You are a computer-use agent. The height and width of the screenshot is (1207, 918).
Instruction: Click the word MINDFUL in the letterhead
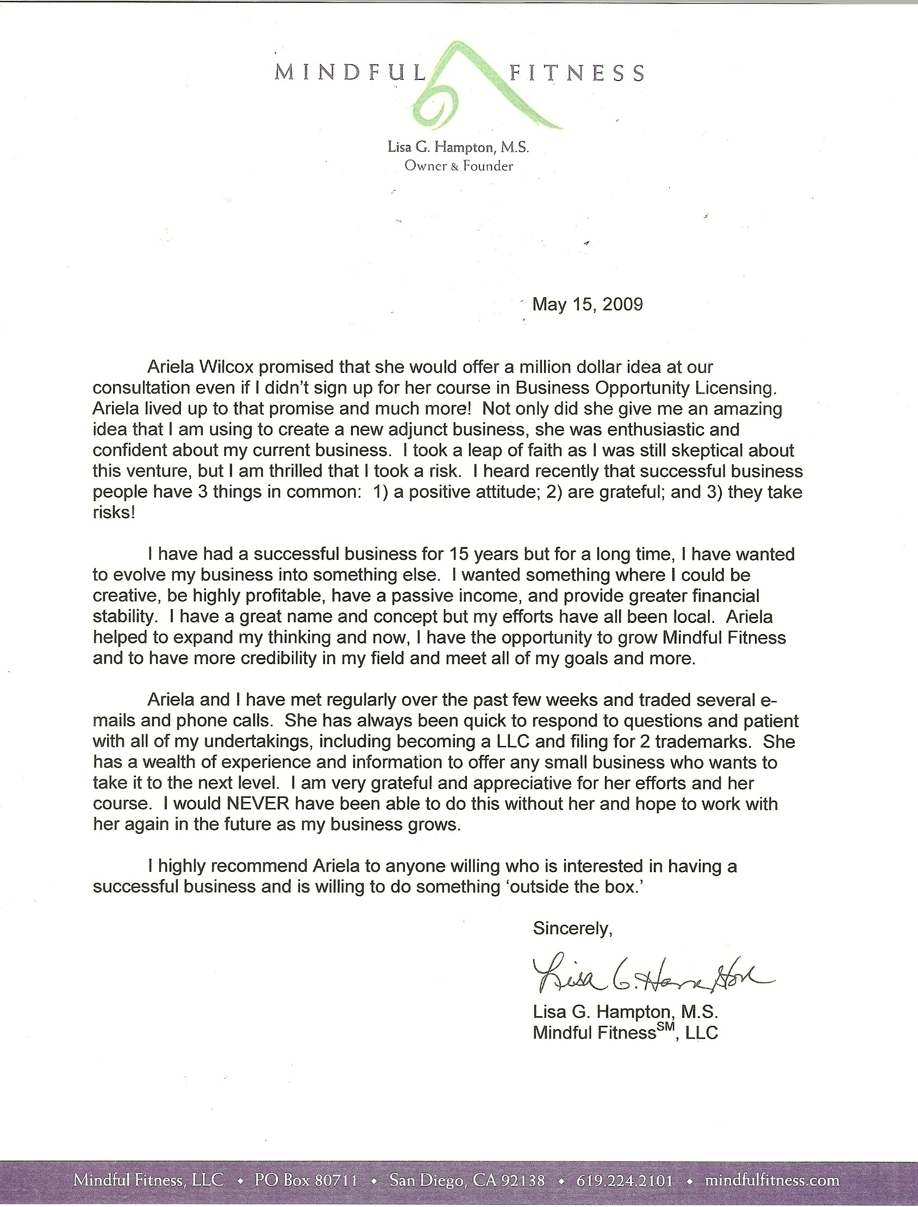(349, 73)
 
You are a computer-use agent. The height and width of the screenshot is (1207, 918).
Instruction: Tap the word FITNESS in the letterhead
(577, 73)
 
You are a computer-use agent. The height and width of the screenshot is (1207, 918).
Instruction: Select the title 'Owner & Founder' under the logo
(458, 166)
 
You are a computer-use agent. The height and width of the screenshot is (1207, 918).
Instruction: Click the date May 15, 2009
(588, 304)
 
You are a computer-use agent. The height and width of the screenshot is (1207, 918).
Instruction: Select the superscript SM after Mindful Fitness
(667, 1028)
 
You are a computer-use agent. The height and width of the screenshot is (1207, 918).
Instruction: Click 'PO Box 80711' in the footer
(306, 1180)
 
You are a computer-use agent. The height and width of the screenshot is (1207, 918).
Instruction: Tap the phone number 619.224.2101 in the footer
(625, 1180)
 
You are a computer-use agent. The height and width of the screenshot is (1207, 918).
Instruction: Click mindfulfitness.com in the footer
(772, 1180)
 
